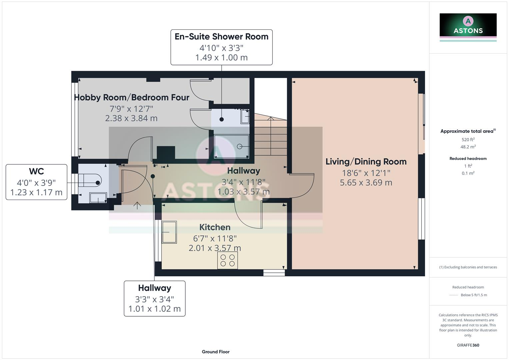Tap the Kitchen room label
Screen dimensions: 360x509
point(215,227)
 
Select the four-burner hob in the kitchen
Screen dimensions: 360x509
point(228,260)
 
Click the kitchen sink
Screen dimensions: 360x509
point(169,232)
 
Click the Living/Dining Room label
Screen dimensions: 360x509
point(366,162)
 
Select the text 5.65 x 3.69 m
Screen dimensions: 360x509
point(366,183)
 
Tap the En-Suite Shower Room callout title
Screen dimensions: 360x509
point(221,37)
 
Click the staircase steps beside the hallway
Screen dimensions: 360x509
point(271,137)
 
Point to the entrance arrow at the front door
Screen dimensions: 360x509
point(137,205)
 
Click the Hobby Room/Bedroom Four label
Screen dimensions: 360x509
point(131,98)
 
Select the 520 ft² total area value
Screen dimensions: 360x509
point(468,140)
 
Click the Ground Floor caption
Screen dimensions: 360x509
point(216,352)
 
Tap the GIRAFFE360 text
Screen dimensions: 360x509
point(468,345)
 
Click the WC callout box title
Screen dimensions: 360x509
point(36,171)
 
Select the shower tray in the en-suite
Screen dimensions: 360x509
point(231,146)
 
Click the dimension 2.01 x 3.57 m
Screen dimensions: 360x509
point(215,248)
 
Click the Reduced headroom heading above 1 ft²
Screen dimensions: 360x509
point(468,159)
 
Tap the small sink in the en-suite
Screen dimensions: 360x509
point(245,117)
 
